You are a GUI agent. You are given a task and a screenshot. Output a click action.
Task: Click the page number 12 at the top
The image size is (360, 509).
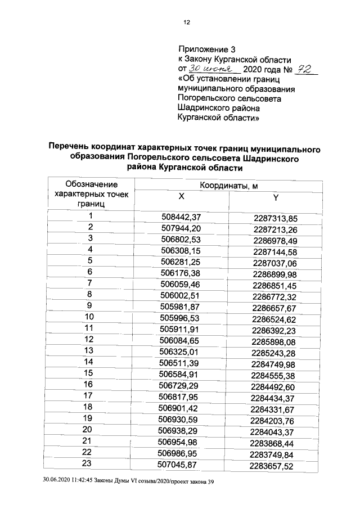coord(186,22)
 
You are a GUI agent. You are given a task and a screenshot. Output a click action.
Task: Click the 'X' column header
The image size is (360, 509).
coord(181,197)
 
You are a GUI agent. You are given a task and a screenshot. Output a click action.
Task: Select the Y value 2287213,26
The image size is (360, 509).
coord(276,229)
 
